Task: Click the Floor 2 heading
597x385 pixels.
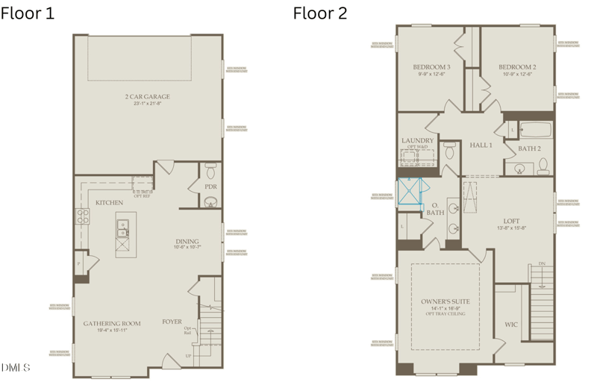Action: (319, 13)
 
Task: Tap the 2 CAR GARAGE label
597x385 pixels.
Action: (147, 97)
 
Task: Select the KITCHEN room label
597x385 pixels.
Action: (109, 203)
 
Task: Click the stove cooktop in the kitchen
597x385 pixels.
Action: (82, 217)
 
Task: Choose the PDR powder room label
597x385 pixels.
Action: (210, 187)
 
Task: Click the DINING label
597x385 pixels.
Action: (187, 241)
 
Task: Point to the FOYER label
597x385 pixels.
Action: (172, 322)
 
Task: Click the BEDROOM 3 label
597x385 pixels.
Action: (431, 67)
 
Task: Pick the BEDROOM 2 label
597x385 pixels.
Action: (518, 67)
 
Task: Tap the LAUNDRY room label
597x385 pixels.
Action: (417, 140)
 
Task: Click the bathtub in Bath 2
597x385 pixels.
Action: (534, 131)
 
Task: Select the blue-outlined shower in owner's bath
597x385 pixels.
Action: (410, 191)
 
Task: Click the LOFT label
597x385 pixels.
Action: (511, 221)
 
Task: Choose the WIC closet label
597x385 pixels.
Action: (511, 325)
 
